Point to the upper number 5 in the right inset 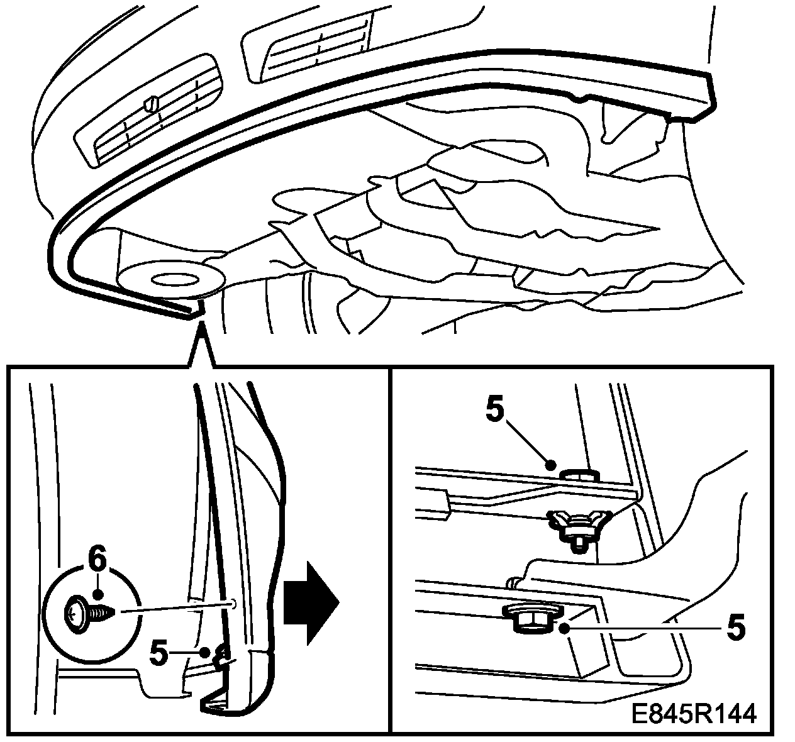click(495, 411)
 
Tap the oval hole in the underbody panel click(172, 279)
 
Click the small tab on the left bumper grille click(150, 103)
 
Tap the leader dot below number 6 click(97, 594)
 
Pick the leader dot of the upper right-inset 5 click(550, 466)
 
